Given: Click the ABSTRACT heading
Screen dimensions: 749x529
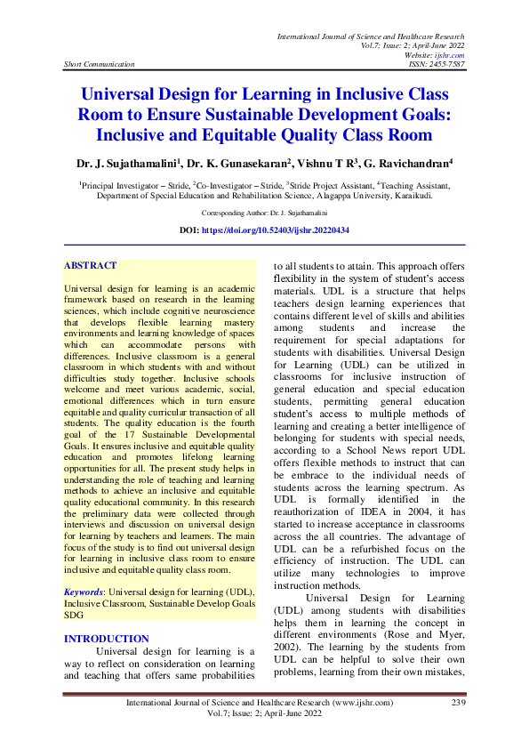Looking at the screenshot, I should point(91,266).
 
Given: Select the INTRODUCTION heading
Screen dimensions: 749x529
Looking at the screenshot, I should point(107,639).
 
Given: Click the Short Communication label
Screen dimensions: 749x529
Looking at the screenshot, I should point(99,64).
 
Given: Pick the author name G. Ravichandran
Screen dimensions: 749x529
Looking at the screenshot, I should point(406,164).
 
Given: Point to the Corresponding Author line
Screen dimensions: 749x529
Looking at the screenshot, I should point(265,213).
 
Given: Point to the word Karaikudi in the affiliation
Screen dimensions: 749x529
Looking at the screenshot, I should point(407,197).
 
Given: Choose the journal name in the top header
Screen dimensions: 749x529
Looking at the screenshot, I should point(371,36).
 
